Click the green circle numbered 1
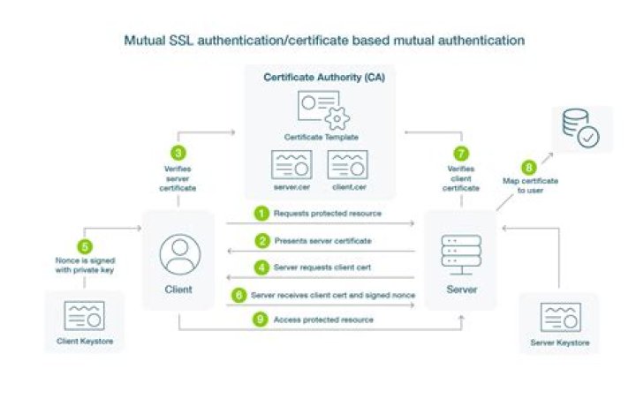coord(261,214)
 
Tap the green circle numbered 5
coord(84,248)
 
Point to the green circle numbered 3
coord(179,153)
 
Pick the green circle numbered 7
coord(459,153)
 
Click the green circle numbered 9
coord(261,320)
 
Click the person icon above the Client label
coord(178,253)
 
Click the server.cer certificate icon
coord(290,165)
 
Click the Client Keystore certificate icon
coord(84,315)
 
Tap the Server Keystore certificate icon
coord(559,317)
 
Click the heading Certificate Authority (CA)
coord(318,78)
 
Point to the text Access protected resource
coord(322,320)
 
